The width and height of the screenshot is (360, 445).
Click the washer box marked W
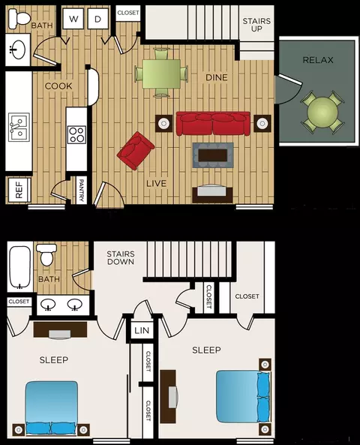pos(73,19)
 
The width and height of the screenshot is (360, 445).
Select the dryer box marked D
pos(97,19)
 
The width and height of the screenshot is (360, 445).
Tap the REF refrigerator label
pos(19,190)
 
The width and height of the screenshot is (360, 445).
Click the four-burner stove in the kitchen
pos(77,134)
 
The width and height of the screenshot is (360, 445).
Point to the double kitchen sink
pos(19,127)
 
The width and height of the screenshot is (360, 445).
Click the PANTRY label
pos(82,190)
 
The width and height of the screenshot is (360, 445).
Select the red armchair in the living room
pos(136,151)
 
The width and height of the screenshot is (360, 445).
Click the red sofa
pos(213,124)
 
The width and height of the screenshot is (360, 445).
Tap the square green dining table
pos(161,74)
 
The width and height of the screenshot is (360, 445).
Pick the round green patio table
pos(322,113)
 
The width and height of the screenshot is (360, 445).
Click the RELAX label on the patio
pos(318,60)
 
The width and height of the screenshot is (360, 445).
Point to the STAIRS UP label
pos(256,25)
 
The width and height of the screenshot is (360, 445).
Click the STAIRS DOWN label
pos(121,257)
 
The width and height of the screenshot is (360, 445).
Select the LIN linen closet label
pos(142,330)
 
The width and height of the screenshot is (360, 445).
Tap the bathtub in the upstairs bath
pos(19,267)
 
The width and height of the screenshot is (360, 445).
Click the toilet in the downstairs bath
pos(19,19)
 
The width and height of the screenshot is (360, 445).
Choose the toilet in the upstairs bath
pos(46,254)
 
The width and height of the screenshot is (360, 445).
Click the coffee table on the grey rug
pos(213,155)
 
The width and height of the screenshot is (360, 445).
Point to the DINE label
pos(217,77)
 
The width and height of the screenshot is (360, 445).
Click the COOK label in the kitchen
pos(58,86)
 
